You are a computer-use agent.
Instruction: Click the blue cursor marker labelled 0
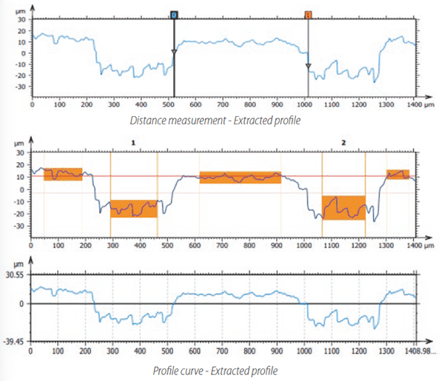click(x=173, y=14)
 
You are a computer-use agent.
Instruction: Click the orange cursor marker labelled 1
click(x=308, y=14)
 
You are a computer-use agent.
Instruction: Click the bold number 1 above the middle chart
click(x=133, y=140)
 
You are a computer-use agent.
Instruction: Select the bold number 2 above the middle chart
click(x=343, y=140)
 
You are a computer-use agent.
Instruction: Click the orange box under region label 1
click(x=134, y=208)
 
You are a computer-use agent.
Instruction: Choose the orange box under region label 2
click(x=343, y=208)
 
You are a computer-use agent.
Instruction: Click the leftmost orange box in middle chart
click(x=63, y=174)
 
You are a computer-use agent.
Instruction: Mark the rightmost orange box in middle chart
click(x=397, y=175)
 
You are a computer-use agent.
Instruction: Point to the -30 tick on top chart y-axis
click(x=20, y=87)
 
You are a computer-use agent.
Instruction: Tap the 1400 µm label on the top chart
click(x=410, y=106)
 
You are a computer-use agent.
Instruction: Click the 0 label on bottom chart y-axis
click(x=23, y=303)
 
